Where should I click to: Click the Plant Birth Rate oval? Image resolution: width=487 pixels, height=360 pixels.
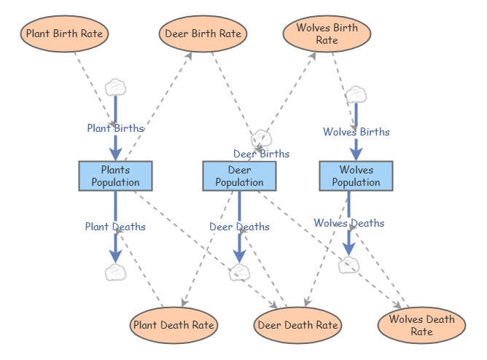(65, 34)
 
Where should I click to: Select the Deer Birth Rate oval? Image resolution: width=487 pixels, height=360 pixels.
(203, 34)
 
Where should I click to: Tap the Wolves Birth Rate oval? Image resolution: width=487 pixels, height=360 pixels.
(327, 34)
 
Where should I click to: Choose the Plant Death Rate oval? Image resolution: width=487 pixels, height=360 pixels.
(174, 324)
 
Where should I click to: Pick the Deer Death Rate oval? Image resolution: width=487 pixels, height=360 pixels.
(297, 324)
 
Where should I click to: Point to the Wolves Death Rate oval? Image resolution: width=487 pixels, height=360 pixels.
(421, 325)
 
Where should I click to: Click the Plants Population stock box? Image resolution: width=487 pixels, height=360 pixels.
(115, 176)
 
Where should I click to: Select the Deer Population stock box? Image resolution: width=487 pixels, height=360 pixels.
(239, 176)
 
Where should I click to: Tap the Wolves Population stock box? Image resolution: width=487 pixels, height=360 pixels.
(356, 176)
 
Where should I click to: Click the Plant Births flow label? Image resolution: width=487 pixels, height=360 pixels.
(115, 128)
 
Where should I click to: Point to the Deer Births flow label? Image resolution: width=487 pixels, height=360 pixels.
(261, 154)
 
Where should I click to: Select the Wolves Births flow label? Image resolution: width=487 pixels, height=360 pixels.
(356, 132)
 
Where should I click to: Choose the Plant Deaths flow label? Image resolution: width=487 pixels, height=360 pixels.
(115, 227)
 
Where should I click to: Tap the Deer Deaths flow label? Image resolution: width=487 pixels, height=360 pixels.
(239, 227)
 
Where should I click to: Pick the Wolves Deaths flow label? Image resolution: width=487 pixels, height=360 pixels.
(348, 223)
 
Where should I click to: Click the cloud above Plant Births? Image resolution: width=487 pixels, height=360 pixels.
(116, 87)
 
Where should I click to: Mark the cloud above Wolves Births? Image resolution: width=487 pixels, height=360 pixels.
(356, 95)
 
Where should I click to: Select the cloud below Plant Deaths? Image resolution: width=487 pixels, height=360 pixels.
(115, 273)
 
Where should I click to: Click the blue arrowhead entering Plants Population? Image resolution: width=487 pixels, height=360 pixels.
(115, 153)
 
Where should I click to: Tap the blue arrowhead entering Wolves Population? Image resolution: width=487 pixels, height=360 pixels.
(356, 153)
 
